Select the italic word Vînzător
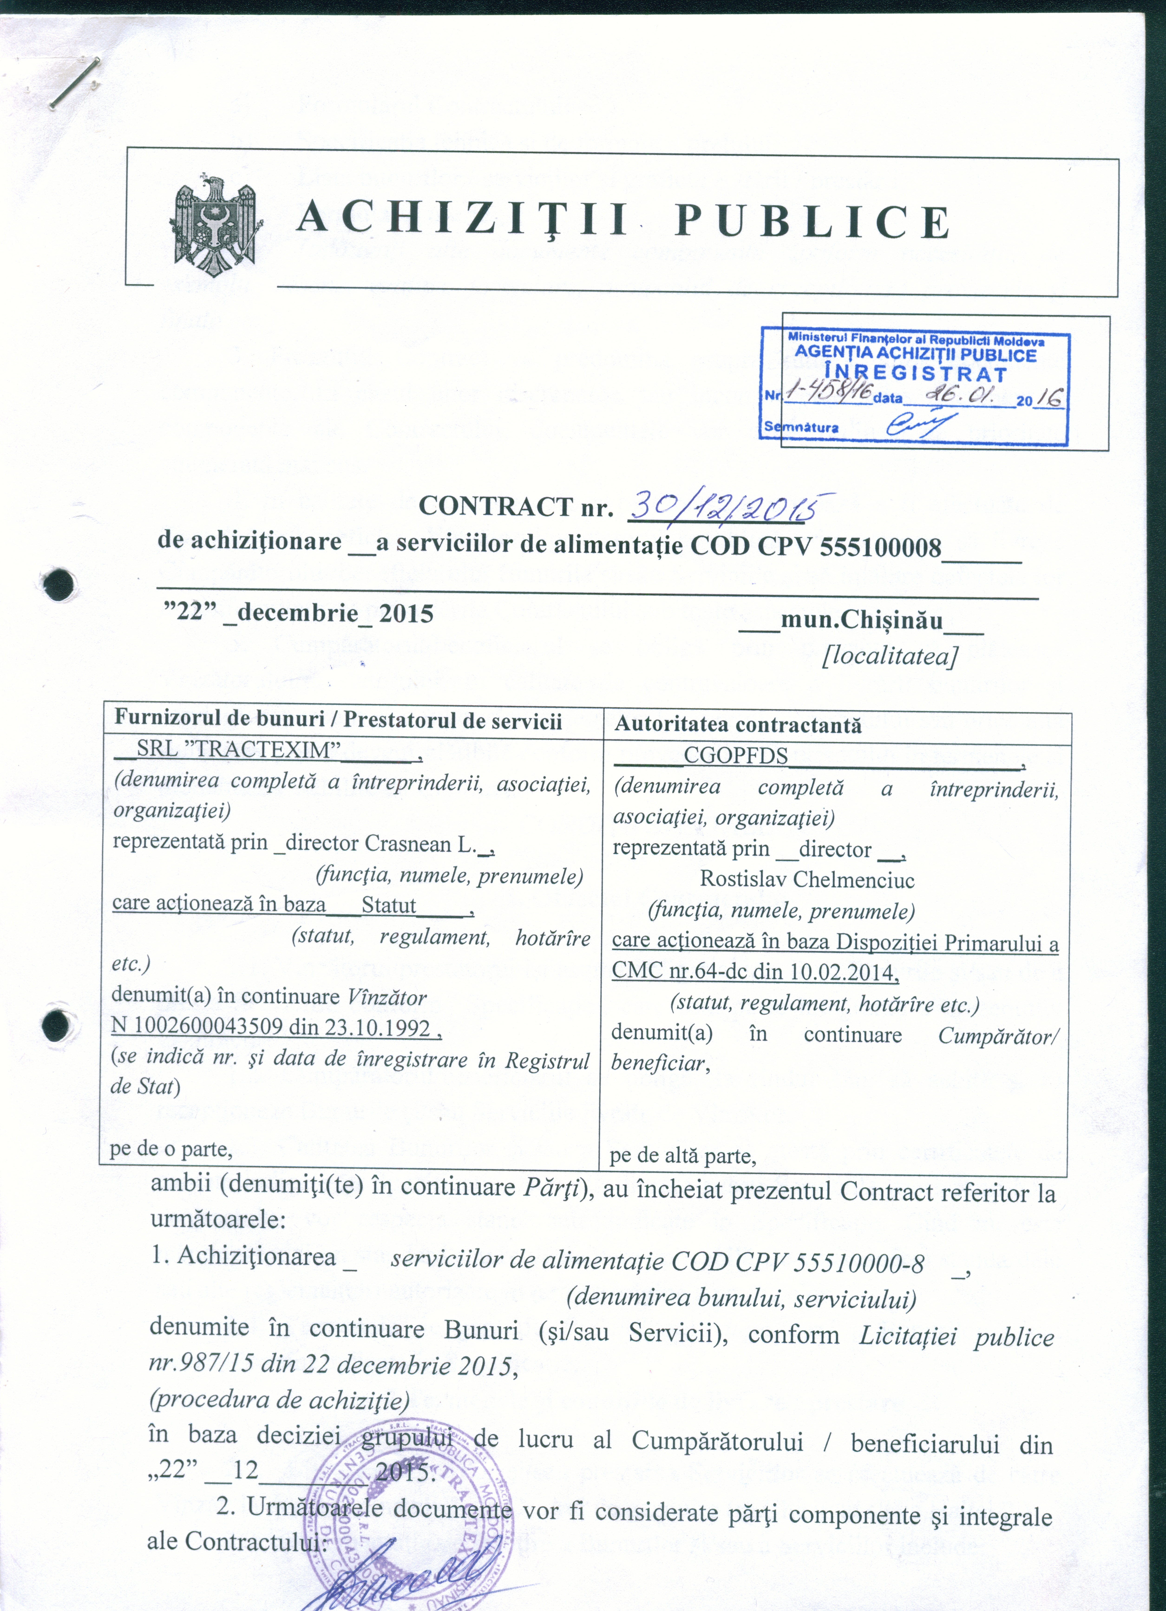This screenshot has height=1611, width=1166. tap(386, 997)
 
